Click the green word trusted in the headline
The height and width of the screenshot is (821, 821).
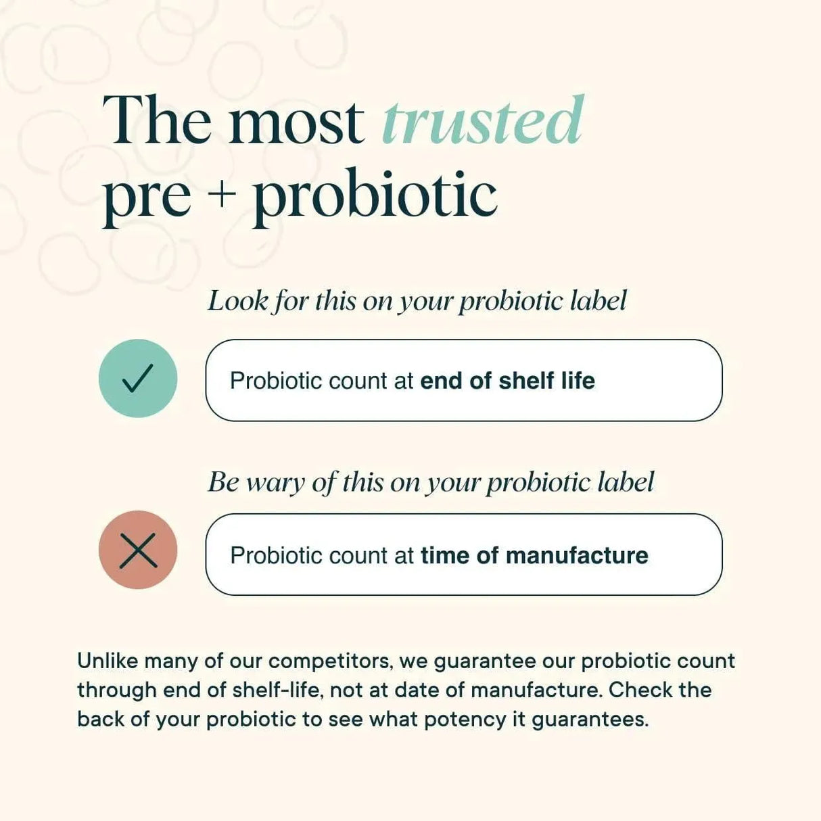pyautogui.click(x=482, y=122)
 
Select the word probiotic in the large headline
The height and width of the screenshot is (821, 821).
pyautogui.click(x=375, y=196)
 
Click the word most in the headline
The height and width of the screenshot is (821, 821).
pyautogui.click(x=296, y=122)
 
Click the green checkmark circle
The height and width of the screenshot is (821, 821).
pyautogui.click(x=138, y=378)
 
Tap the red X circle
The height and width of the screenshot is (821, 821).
pyautogui.click(x=138, y=550)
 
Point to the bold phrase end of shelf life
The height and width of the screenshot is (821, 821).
pyautogui.click(x=507, y=381)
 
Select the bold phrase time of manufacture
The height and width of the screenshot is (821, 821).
pyautogui.click(x=534, y=555)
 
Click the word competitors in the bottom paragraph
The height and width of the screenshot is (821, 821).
pyautogui.click(x=331, y=661)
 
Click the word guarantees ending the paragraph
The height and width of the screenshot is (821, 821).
pyautogui.click(x=590, y=720)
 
